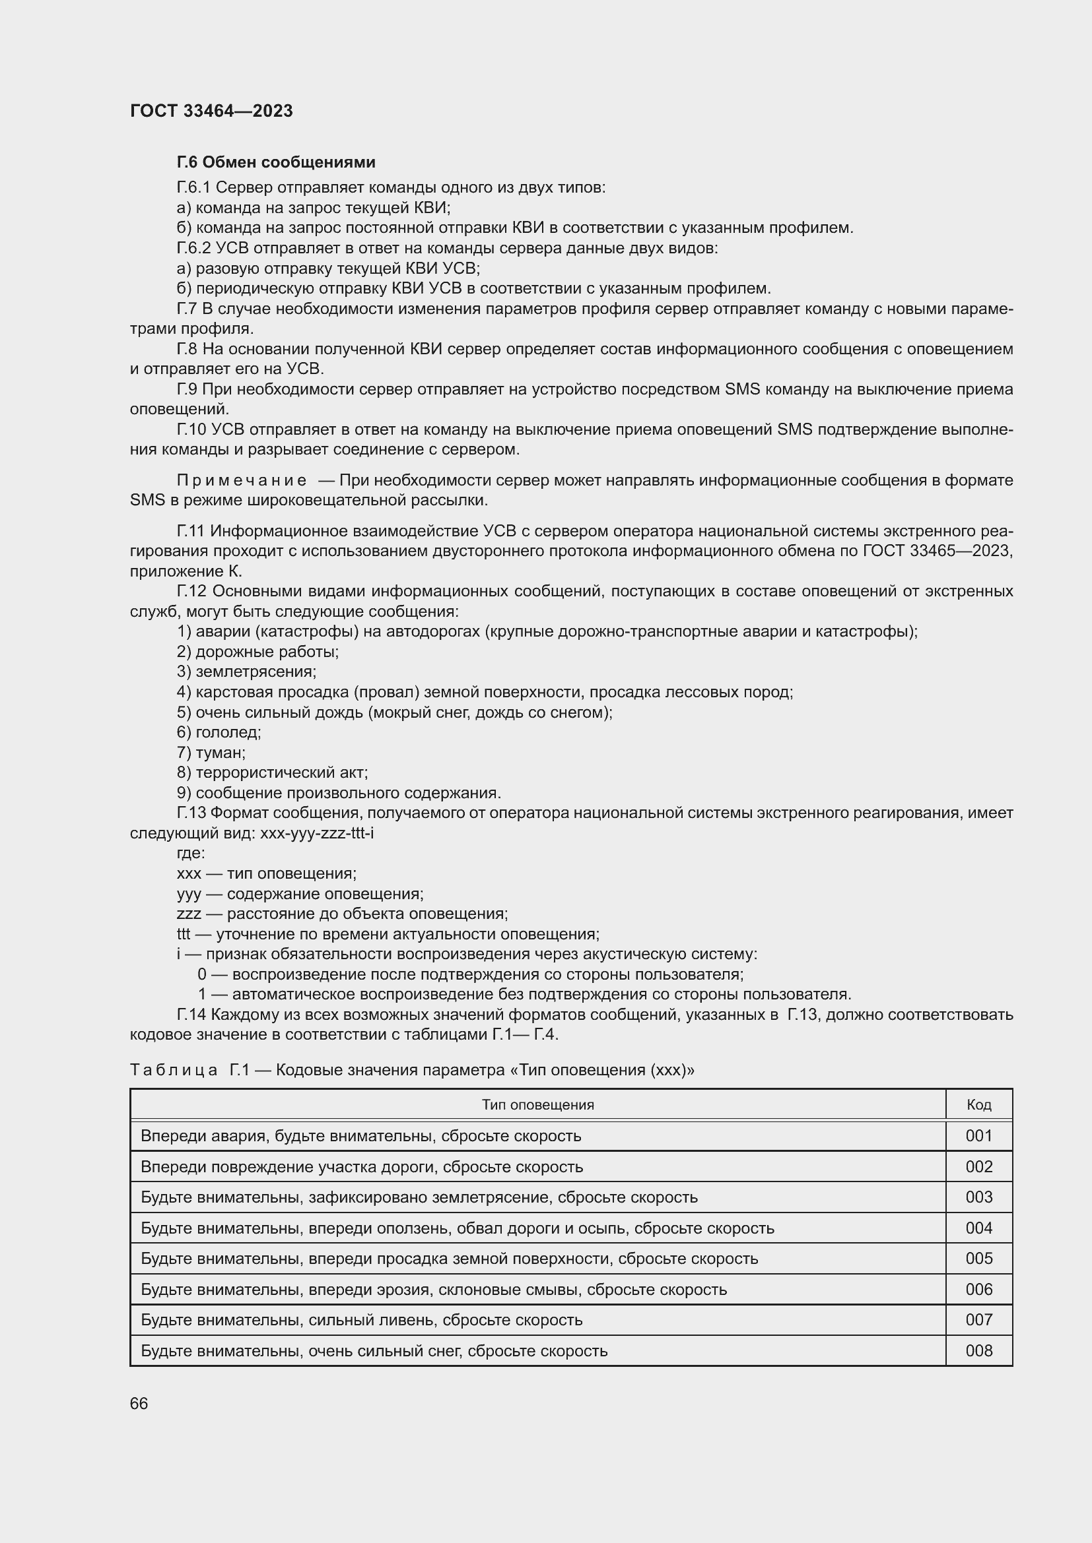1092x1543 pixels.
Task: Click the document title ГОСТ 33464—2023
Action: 211,111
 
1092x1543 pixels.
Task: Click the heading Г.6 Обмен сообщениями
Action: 276,162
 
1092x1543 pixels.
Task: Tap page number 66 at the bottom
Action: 139,1403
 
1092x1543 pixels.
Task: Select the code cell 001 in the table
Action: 978,1136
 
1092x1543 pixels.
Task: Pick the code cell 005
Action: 978,1258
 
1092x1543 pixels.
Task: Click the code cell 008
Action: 978,1350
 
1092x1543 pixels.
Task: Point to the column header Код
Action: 978,1105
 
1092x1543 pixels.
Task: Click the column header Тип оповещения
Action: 537,1105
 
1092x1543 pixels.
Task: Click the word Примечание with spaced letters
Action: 242,480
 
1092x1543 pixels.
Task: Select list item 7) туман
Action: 211,753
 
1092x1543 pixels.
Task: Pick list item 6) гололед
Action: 219,732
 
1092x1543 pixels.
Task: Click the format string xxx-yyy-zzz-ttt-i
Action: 317,833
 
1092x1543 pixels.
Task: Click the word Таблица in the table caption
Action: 174,1070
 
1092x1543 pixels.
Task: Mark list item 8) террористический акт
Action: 271,773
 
